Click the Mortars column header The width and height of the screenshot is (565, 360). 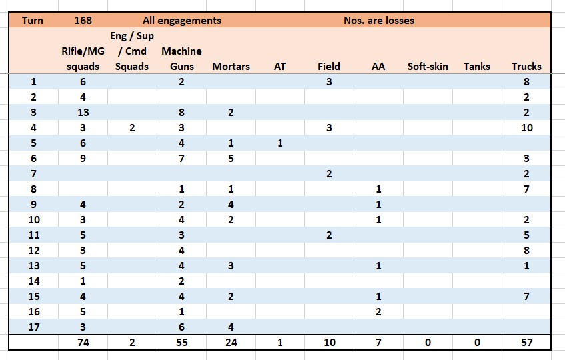pyautogui.click(x=231, y=67)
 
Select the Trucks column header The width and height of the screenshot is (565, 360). pyautogui.click(x=526, y=67)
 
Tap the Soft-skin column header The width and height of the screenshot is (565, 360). pyautogui.click(x=428, y=67)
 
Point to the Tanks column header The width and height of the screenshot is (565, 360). pyautogui.click(x=477, y=67)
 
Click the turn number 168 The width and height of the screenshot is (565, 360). pyautogui.click(x=83, y=20)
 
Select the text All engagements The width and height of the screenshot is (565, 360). pyautogui.click(x=182, y=21)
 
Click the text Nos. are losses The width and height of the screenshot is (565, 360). pyautogui.click(x=379, y=20)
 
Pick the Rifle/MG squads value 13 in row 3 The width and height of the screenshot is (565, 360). pyautogui.click(x=83, y=113)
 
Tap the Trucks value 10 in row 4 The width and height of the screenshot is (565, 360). pyautogui.click(x=526, y=128)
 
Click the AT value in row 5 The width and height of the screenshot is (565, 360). pyautogui.click(x=280, y=143)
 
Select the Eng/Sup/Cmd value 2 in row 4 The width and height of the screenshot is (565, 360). pyautogui.click(x=132, y=128)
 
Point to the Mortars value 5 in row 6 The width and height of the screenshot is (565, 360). pyautogui.click(x=231, y=159)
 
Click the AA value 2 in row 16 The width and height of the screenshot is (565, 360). pyautogui.click(x=378, y=311)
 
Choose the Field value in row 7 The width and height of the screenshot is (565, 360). pyautogui.click(x=329, y=174)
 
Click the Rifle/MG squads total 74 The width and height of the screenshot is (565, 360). pyautogui.click(x=83, y=342)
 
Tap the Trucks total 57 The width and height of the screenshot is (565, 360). pyautogui.click(x=526, y=342)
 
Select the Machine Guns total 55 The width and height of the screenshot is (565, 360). pyautogui.click(x=182, y=342)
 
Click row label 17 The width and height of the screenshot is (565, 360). pyautogui.click(x=34, y=327)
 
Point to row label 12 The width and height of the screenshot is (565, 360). pyautogui.click(x=34, y=251)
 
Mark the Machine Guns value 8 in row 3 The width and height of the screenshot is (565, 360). pyautogui.click(x=181, y=113)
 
